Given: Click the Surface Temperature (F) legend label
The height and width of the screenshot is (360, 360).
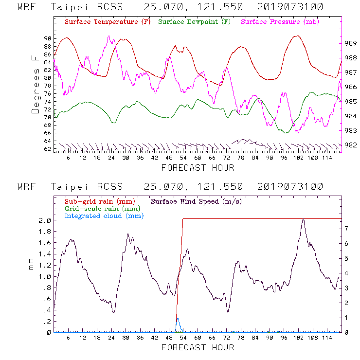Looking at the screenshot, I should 107,22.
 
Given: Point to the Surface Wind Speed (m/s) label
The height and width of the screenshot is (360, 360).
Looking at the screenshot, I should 197,201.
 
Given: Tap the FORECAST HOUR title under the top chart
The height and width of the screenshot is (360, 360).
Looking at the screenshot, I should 198,168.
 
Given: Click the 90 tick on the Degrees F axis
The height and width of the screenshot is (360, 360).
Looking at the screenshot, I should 47,38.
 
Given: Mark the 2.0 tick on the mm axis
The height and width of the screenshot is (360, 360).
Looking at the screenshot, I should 45,220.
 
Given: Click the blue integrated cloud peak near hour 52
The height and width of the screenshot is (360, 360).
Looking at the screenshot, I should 178,319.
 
